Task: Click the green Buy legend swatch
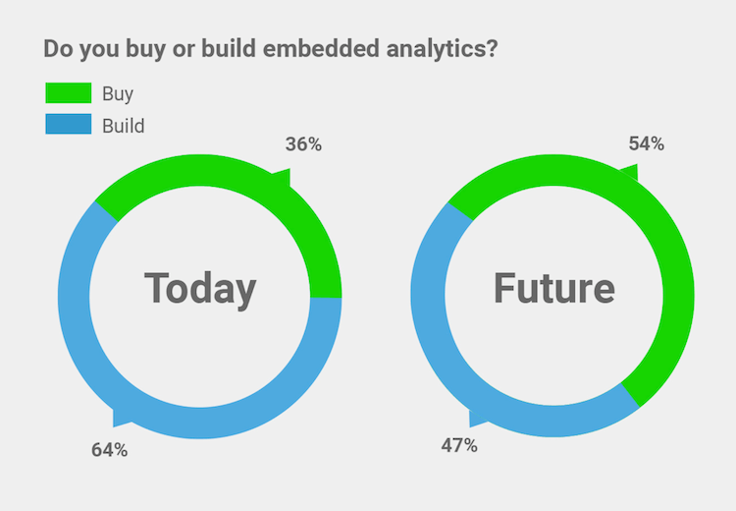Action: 69,92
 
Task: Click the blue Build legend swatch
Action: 69,124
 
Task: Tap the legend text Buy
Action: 118,94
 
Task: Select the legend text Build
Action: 124,126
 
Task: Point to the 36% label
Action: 303,144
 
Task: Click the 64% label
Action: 109,450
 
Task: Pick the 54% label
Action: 647,143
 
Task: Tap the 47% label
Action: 459,445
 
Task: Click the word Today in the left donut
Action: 200,290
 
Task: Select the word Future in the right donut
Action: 554,288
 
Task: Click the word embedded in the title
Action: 321,48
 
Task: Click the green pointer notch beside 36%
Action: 283,177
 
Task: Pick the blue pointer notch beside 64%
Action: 121,418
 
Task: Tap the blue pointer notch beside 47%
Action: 476,419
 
